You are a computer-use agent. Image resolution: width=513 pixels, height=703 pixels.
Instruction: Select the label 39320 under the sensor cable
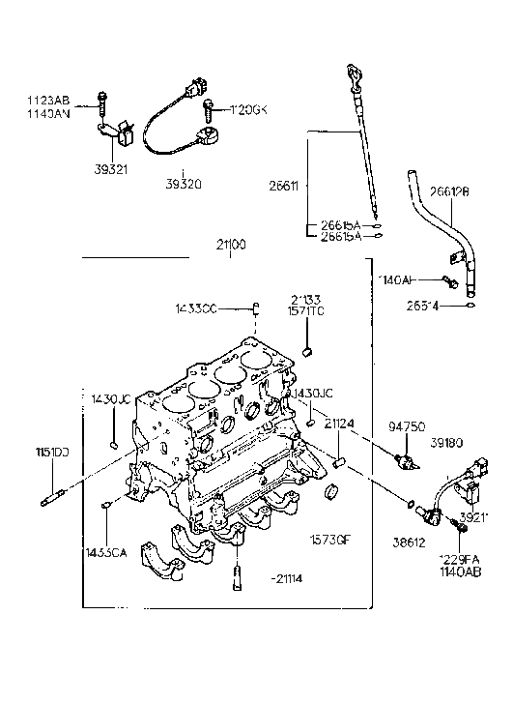[184, 181]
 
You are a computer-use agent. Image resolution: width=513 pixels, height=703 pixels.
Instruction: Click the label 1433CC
[197, 308]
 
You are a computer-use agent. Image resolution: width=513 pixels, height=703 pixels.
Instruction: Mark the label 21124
[338, 424]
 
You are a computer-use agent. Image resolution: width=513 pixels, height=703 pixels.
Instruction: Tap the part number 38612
[406, 544]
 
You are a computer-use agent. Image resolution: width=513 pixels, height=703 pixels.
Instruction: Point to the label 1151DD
[54, 452]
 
